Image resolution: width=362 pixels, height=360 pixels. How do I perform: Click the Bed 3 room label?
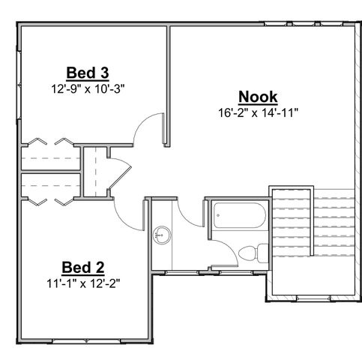tap(88, 73)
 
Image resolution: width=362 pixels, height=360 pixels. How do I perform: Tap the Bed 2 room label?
tap(82, 268)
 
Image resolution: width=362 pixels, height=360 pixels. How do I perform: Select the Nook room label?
tap(258, 97)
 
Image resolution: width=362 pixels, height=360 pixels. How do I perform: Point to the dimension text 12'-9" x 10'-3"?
tap(89, 88)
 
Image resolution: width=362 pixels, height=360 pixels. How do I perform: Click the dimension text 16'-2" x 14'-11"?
tap(257, 113)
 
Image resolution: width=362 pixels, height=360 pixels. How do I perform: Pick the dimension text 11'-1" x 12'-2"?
tap(82, 283)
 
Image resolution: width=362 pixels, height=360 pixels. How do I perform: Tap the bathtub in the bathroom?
tap(238, 216)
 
